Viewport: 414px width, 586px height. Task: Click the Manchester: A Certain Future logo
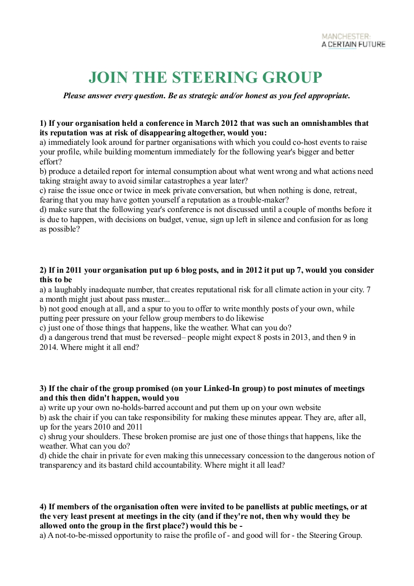tap(353, 41)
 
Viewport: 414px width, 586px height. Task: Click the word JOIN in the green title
tap(108, 78)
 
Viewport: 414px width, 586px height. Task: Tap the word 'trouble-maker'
tap(257, 200)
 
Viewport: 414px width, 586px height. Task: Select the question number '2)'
tap(43, 270)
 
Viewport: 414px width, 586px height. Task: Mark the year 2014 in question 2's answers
tap(49, 346)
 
